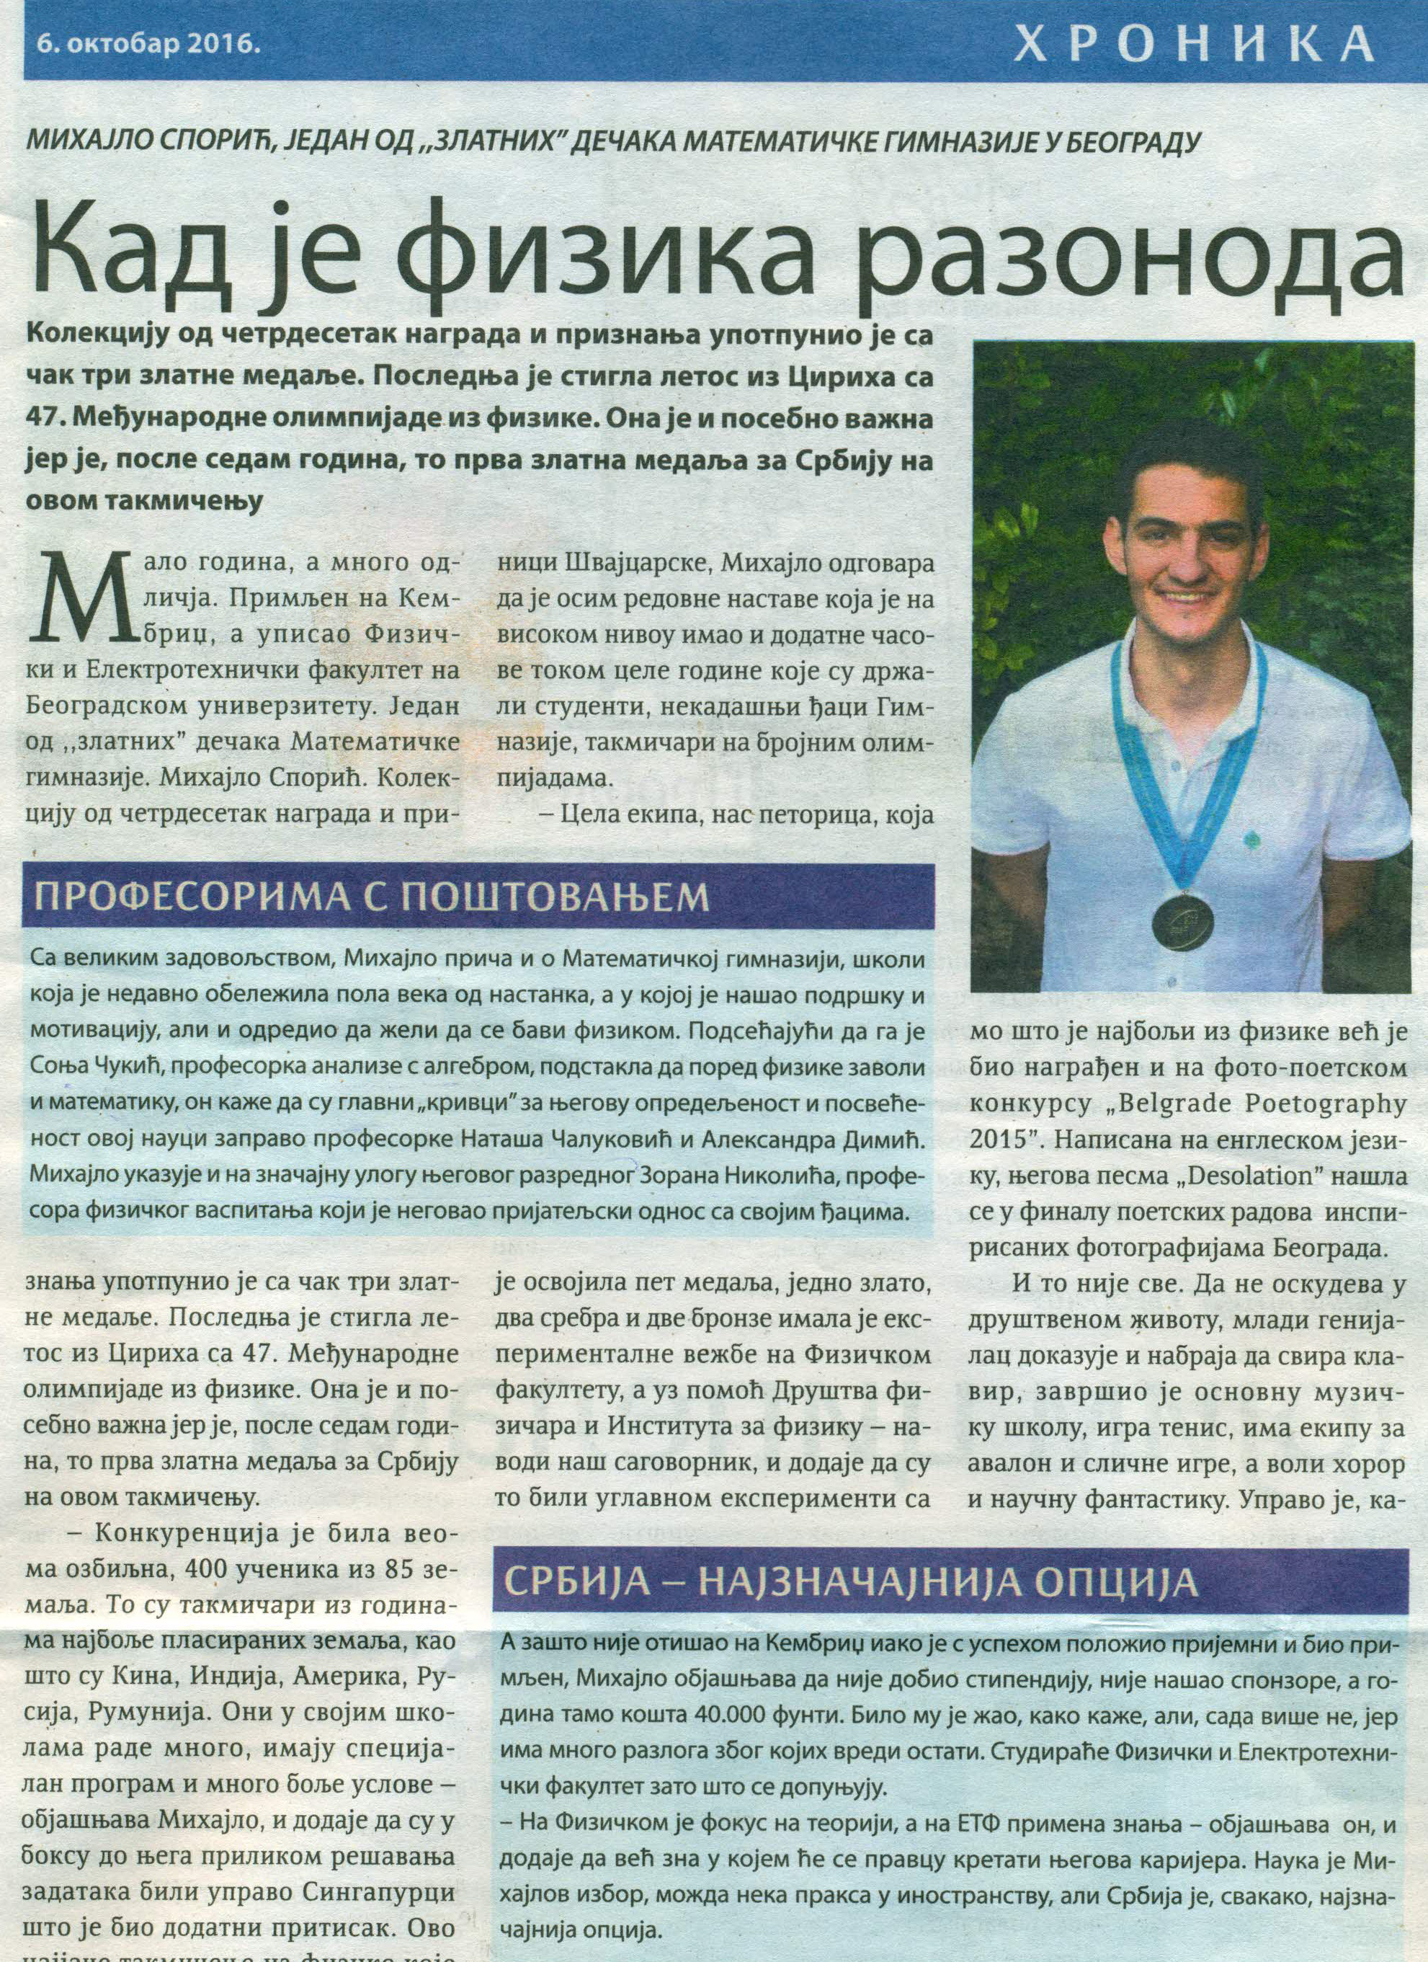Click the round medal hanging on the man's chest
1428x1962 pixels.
coord(1172,917)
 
